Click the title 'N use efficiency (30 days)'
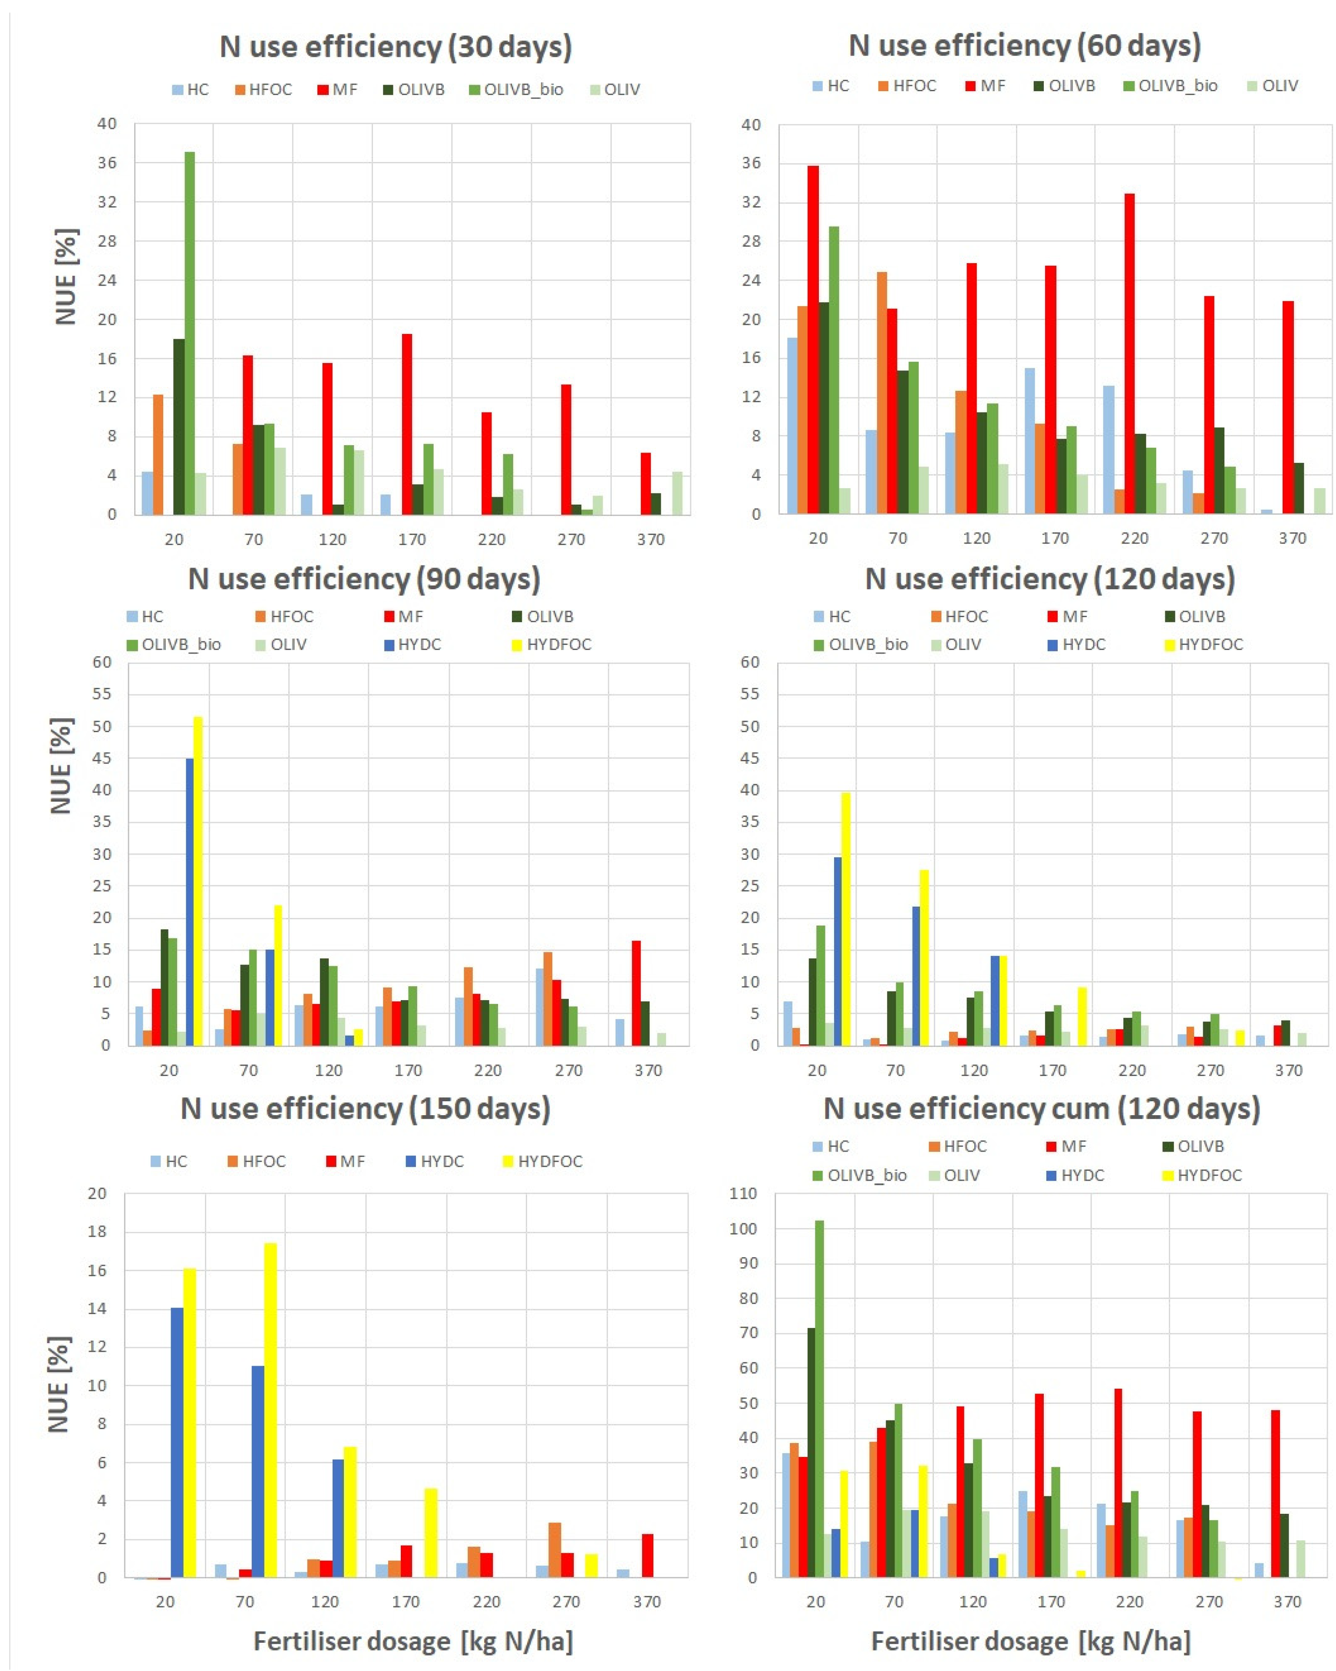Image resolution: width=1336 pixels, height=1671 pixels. [395, 46]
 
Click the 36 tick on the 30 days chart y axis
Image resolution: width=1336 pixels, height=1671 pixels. [107, 163]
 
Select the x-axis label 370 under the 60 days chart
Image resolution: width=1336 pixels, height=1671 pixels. [1292, 538]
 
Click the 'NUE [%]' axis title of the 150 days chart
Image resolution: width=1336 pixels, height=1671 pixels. [59, 1384]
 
